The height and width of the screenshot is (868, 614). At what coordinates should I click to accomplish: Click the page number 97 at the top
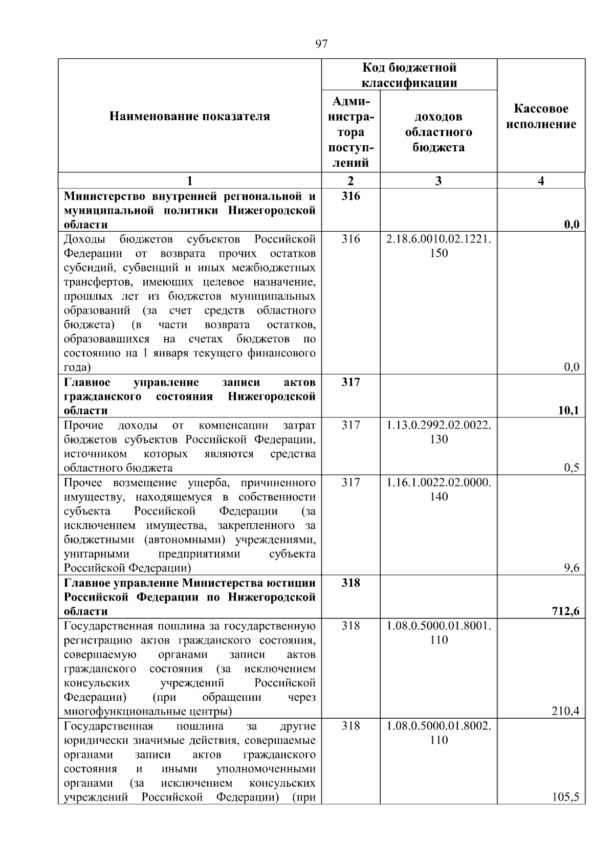pos(321,44)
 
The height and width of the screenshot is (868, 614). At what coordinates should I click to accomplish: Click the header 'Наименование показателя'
pos(189,117)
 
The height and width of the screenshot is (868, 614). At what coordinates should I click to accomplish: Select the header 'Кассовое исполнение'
pos(541,117)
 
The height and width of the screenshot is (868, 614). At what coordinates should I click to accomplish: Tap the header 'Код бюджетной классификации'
pos(409,75)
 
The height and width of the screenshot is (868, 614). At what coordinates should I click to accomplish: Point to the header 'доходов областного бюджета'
pos(438,132)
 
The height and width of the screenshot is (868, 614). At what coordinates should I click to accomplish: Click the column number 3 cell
pos(438,181)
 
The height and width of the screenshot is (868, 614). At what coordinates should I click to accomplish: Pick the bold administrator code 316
pos(350,196)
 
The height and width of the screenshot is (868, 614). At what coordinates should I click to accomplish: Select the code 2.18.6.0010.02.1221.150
pos(438,246)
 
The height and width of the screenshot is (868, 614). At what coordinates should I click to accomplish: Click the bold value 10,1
pos(569,410)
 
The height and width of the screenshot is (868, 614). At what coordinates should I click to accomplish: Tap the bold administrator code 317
pos(350,382)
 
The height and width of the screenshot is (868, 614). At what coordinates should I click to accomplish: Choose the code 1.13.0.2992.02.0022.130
pos(438,432)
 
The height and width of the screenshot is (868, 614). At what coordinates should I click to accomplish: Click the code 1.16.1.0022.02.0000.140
pos(438,489)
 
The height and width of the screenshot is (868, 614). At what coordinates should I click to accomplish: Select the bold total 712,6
pos(566,611)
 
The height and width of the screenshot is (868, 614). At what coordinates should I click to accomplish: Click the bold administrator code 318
pos(350,583)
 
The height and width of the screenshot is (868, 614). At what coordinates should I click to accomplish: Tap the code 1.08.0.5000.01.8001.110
pos(438,633)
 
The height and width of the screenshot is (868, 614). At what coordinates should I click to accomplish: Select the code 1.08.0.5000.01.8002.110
pos(438,733)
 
